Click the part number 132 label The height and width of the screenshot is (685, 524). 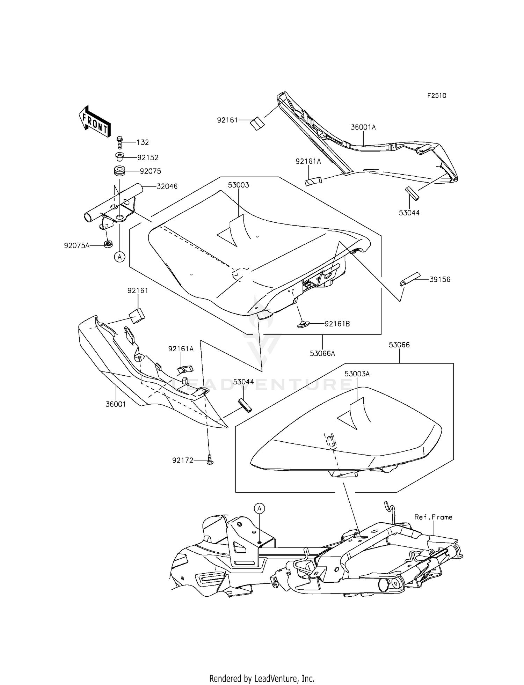point(143,142)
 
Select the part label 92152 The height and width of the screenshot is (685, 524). point(148,157)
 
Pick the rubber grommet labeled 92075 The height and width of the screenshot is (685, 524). point(119,172)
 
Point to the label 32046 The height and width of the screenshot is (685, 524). point(167,186)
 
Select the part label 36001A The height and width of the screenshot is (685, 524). point(363,127)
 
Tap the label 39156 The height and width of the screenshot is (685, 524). point(440,279)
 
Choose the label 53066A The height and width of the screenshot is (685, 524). point(322,353)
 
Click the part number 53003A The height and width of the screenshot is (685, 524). point(357,374)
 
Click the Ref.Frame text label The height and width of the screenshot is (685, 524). point(434,517)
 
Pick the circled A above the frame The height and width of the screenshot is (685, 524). point(259,508)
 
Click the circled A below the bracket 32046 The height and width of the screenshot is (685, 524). point(120,257)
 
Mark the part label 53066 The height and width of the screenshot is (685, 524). point(399,345)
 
